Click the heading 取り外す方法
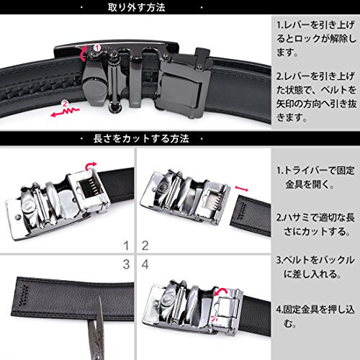click(136, 7)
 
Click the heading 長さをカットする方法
click(141, 139)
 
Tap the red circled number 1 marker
click(96, 48)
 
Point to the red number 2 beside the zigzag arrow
click(65, 104)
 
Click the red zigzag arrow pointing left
click(65, 112)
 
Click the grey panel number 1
click(126, 246)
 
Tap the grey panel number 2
click(145, 246)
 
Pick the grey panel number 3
click(126, 264)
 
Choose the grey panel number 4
click(145, 264)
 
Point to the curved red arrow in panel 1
click(91, 166)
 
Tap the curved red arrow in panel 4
click(221, 292)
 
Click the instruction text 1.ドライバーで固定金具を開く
click(315, 178)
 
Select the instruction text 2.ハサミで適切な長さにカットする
click(315, 225)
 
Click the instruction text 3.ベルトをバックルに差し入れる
click(315, 267)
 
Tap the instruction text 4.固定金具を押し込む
click(315, 316)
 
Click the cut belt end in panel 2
click(251, 216)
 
